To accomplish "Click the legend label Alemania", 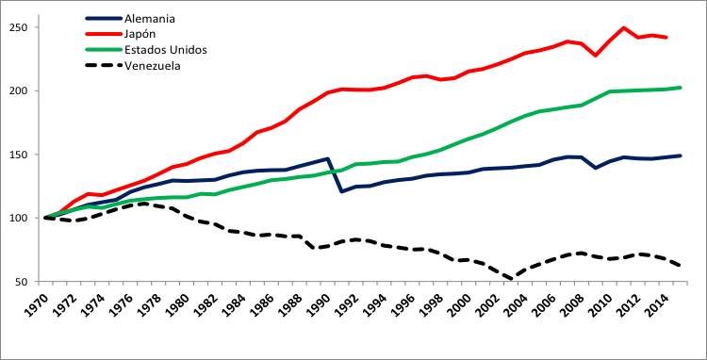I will [150, 18].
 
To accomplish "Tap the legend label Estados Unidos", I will [166, 50].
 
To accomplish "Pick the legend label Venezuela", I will [152, 66].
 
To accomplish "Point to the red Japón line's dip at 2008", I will [596, 56].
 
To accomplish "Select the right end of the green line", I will [681, 88].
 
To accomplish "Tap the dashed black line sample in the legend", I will [103, 66].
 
